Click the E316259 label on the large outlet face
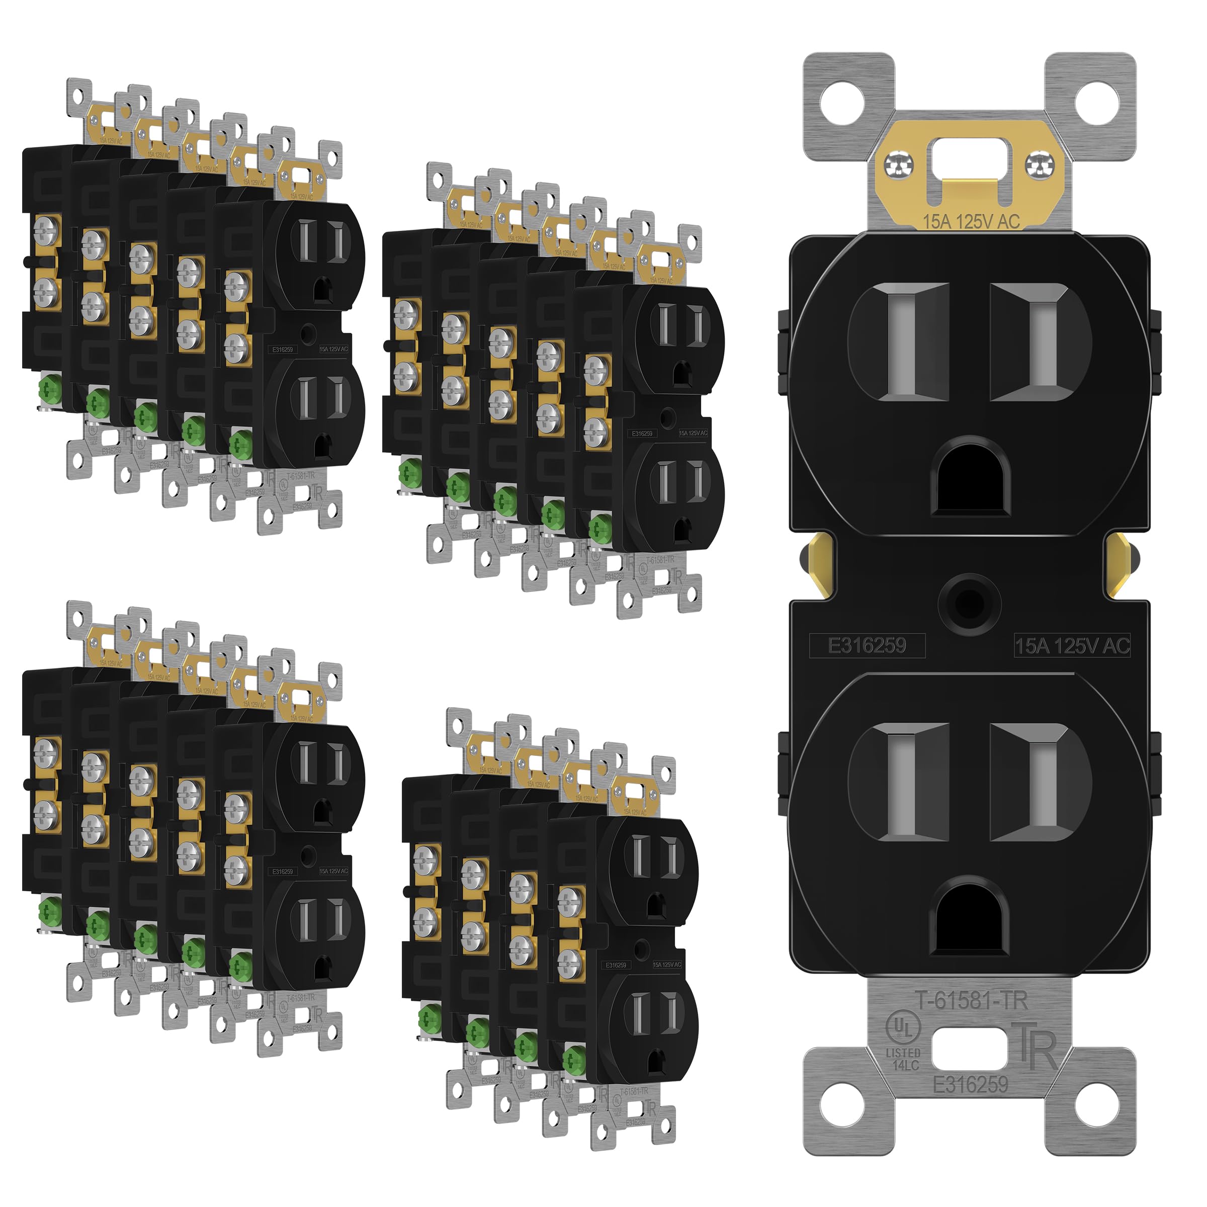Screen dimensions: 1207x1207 pos(867,645)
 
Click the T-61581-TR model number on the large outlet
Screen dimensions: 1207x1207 pos(972,1001)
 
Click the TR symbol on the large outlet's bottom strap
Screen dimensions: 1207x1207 pos(1038,1051)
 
